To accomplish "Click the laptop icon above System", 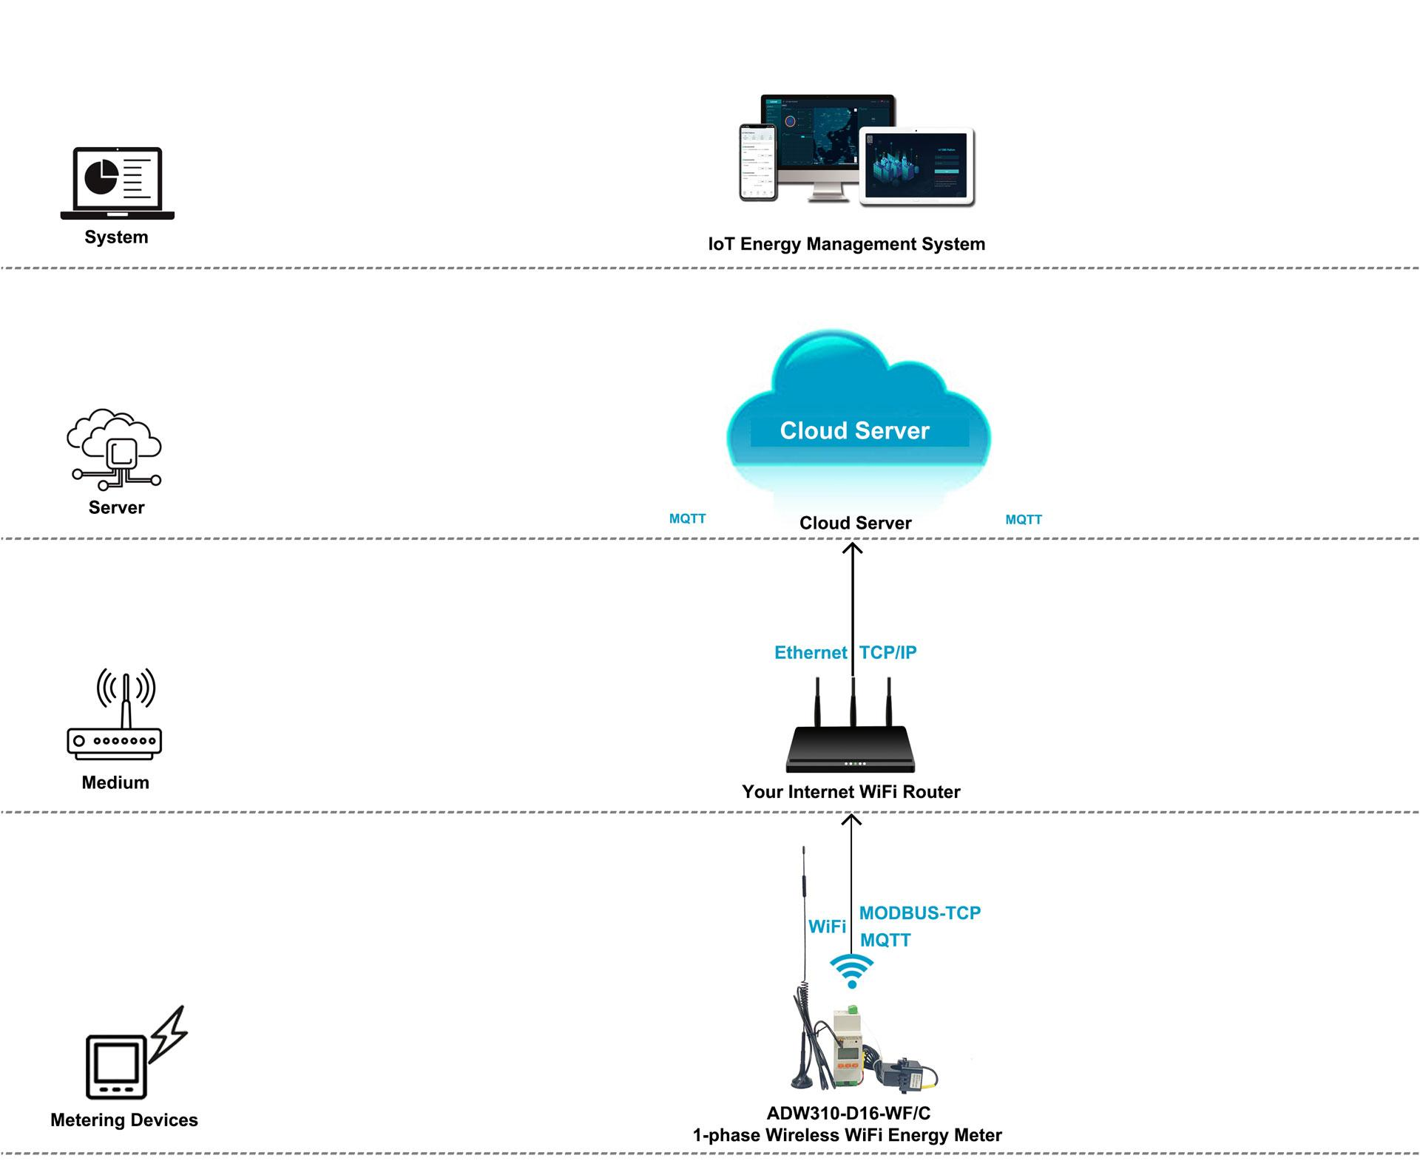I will [x=117, y=183].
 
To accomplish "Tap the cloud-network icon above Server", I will [x=115, y=449].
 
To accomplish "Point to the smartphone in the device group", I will [x=758, y=162].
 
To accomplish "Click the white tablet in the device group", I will [x=917, y=166].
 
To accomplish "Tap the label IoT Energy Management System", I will [x=846, y=244].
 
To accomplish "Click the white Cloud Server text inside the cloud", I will [x=854, y=431].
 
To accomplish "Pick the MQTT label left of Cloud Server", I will [x=687, y=519].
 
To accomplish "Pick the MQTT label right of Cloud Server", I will [x=1023, y=520].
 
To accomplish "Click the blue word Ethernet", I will [x=810, y=653].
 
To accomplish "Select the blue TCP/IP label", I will [x=887, y=653].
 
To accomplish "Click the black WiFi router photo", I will [x=851, y=747].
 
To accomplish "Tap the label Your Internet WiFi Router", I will [x=851, y=792].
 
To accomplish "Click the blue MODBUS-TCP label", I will [x=919, y=913].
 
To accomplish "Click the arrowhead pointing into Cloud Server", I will [x=853, y=548].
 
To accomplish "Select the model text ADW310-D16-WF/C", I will [x=848, y=1114].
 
